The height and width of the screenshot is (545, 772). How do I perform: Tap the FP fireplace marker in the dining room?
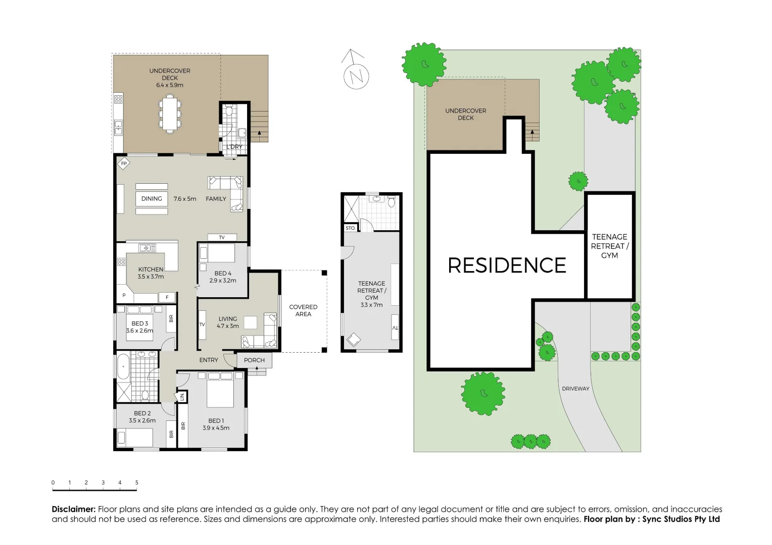(x=123, y=164)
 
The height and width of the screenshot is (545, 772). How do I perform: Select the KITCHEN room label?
(x=151, y=269)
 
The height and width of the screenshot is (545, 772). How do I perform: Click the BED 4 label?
(x=223, y=274)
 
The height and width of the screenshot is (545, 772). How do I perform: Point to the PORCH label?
(x=254, y=360)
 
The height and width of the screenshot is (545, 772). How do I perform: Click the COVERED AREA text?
(x=303, y=310)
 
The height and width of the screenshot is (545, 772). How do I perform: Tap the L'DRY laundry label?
(x=234, y=147)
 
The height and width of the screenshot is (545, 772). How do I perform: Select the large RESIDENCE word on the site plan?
(x=507, y=265)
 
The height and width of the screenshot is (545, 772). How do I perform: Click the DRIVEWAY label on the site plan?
(x=575, y=389)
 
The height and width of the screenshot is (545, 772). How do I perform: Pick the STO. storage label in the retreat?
(x=350, y=229)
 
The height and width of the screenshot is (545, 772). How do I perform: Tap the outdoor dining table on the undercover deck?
(x=170, y=115)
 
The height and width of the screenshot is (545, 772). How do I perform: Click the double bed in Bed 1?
(x=220, y=389)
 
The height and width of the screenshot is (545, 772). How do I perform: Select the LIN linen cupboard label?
(x=182, y=397)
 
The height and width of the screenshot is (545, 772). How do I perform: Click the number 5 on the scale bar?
(x=137, y=482)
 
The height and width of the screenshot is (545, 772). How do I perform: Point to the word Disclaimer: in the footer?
(x=74, y=509)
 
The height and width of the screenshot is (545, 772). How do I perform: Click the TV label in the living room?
(x=202, y=324)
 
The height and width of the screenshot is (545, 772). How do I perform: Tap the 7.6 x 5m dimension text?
(x=184, y=199)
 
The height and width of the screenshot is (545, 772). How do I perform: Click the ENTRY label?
(x=209, y=360)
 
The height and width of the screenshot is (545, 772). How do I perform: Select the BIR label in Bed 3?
(x=171, y=318)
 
